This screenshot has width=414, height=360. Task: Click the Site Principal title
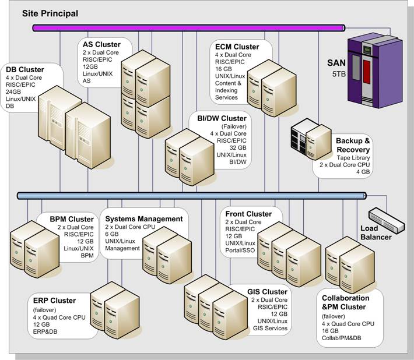pos(50,12)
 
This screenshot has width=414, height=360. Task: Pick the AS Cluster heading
pos(102,44)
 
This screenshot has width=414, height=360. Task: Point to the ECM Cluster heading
pos(237,47)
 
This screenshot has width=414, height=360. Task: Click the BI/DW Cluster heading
pos(222,119)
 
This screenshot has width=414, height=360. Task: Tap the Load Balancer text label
pos(376,232)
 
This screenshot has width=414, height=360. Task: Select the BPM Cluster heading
pos(72,219)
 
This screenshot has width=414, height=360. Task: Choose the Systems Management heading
pos(143,219)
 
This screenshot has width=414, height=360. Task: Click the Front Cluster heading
pos(248,214)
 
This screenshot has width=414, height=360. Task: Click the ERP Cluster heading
pos(55,301)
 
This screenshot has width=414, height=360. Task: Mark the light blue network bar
pos(192,196)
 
